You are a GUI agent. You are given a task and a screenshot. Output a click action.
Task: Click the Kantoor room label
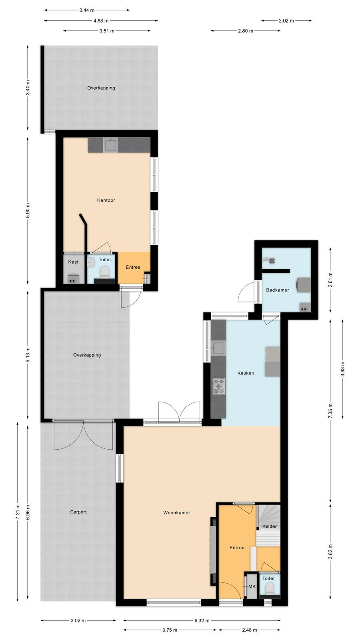point(106,200)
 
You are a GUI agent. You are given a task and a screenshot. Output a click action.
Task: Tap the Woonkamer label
point(176,512)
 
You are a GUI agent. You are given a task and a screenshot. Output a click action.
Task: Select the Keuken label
point(246,373)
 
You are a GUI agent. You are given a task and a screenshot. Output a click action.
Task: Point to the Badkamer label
point(278,290)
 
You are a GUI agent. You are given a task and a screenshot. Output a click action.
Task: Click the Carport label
point(78,512)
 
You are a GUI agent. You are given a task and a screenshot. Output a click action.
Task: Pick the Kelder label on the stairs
point(270,526)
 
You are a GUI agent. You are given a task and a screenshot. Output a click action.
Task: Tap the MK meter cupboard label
point(252,586)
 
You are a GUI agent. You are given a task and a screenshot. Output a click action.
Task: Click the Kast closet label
point(73,262)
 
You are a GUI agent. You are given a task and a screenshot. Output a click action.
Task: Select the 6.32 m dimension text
point(202,620)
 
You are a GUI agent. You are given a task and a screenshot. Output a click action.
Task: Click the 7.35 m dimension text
point(330,411)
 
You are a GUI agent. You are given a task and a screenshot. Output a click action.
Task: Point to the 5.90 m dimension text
point(28,210)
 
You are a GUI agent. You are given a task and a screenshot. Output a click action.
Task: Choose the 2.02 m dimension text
point(286,20)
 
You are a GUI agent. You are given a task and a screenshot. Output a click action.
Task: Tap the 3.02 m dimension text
point(78,620)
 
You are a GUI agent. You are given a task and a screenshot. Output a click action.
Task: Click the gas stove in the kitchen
point(219,387)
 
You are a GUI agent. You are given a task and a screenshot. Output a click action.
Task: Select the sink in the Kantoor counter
point(110,145)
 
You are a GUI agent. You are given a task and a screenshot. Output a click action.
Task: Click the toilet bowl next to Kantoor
point(104,272)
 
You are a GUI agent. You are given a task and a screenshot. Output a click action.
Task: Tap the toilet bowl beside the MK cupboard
point(270,588)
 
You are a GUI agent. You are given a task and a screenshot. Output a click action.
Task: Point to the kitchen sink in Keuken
point(218,348)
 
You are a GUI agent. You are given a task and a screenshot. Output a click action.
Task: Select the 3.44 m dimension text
point(87,10)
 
